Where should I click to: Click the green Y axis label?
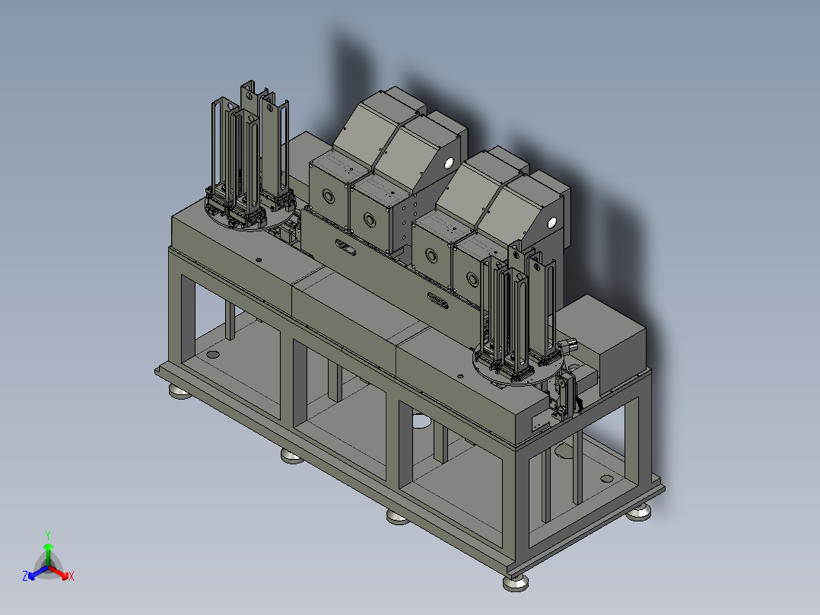point(48,535)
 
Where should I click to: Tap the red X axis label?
point(72,576)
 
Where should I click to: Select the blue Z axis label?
point(25,576)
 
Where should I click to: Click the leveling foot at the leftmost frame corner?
point(180,392)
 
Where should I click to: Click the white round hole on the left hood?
point(448,164)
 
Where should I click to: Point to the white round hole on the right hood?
point(551,224)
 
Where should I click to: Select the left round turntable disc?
point(251,215)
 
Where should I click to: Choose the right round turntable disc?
point(519,368)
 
